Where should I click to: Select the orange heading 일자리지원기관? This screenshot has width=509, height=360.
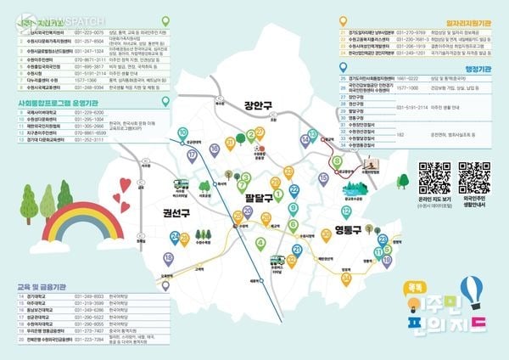pos(470,12)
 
